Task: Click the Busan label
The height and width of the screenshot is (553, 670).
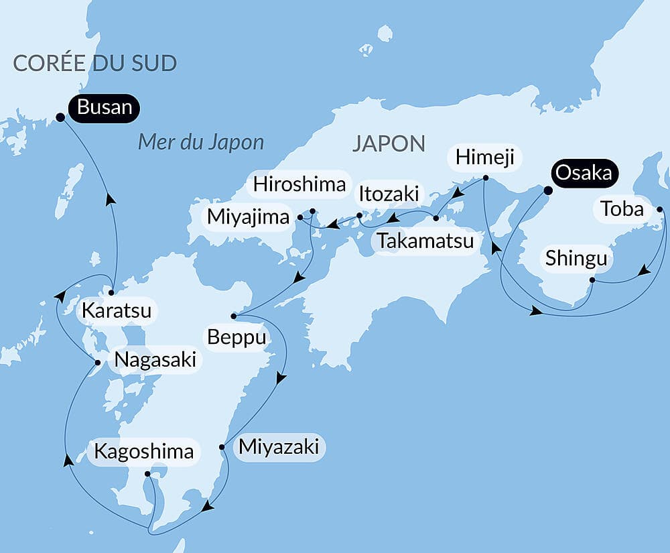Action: pos(105,107)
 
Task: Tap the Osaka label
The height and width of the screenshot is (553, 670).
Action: pos(583,173)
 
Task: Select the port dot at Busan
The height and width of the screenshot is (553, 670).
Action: pos(60,117)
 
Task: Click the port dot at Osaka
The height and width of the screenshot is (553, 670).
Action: pos(547,190)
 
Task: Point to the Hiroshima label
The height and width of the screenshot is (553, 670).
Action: pos(299,185)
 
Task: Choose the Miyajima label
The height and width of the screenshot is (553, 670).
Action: pos(248,217)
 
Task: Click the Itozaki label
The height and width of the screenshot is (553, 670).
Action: pos(389,194)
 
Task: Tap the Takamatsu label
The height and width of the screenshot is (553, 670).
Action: pos(425,241)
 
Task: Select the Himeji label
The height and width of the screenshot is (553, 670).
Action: pos(484,158)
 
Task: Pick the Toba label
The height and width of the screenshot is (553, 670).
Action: pos(622,210)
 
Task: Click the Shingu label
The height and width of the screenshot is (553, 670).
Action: pos(576,258)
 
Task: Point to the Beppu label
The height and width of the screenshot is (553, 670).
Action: pos(237,337)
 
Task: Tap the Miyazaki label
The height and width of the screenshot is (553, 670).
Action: pos(278,446)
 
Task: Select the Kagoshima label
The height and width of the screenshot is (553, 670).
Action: pos(143,451)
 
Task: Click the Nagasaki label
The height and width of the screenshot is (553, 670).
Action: pos(155,360)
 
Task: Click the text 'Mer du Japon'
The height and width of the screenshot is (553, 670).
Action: pos(201,142)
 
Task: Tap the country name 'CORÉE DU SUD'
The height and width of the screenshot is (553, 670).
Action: pos(94,64)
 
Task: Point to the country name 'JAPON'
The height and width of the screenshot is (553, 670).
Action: pos(389,143)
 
